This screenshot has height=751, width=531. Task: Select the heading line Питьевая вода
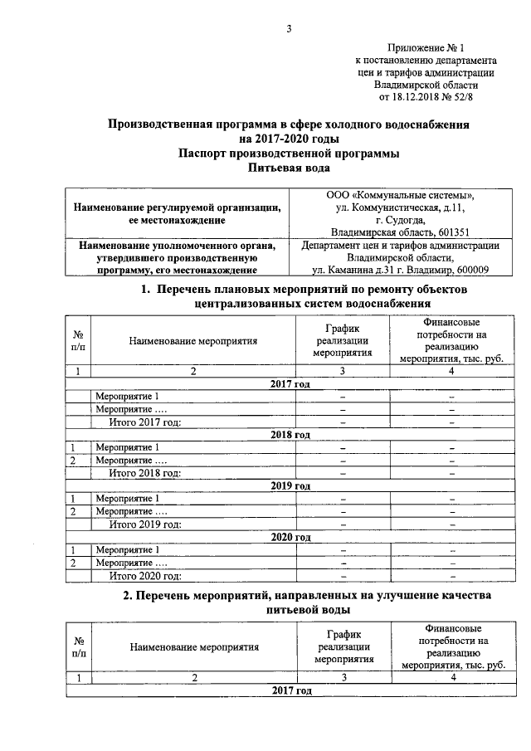[290, 167]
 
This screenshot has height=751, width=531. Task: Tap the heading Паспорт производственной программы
[290, 153]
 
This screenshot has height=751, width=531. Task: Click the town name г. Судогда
[400, 219]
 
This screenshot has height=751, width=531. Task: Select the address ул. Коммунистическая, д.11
[400, 207]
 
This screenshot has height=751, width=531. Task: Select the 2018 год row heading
[290, 435]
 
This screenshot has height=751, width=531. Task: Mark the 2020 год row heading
[290, 537]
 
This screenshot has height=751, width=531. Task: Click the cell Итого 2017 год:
[145, 422]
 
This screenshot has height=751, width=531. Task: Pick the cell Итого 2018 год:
[145, 473]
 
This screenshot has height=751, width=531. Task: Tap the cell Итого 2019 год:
[145, 524]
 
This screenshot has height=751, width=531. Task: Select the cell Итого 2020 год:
[145, 575]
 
